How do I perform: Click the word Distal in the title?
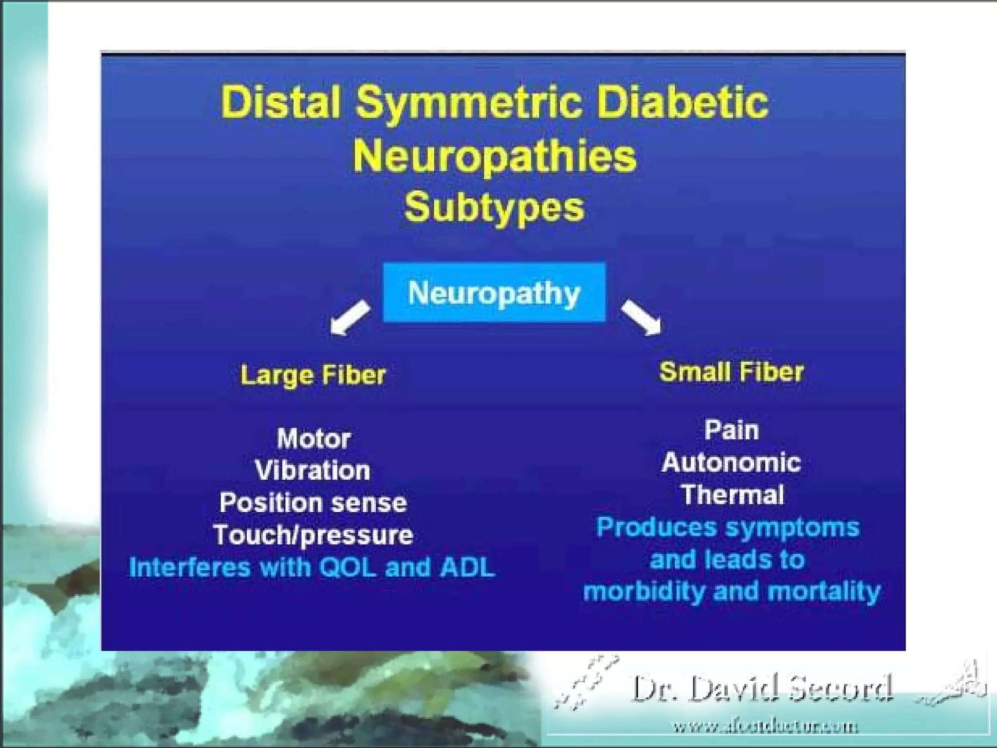tap(280, 102)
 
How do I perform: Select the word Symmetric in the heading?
tap(468, 103)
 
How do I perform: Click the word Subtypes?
tap(494, 207)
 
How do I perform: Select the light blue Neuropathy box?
tap(494, 292)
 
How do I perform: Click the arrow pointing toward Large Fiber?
tap(350, 317)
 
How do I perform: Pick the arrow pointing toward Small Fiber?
tap(641, 317)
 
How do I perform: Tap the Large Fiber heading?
tap(313, 375)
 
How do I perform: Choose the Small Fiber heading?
tap(731, 372)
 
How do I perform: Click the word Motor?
tap(314, 438)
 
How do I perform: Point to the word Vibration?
tap(313, 470)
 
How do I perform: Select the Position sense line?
tap(313, 503)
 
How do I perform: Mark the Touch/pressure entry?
tap(313, 535)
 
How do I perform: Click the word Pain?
tap(732, 430)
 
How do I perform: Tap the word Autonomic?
tap(731, 463)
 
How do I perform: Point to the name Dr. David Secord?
tap(762, 689)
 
